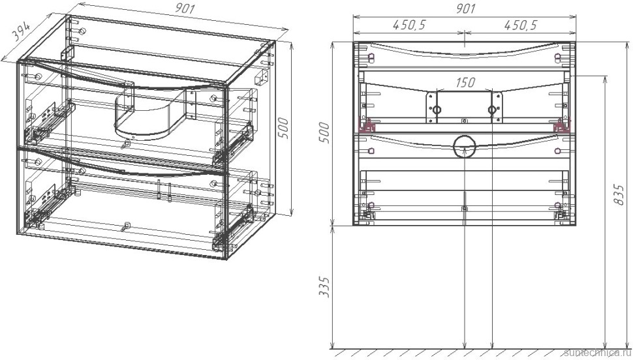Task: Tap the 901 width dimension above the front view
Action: [x=464, y=8]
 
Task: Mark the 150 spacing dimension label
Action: [x=465, y=83]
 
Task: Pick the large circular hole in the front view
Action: [x=464, y=147]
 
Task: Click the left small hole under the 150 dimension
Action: [x=437, y=110]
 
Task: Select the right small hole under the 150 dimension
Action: [x=492, y=110]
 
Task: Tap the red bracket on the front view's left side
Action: [x=369, y=126]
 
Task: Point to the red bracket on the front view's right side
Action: [x=559, y=126]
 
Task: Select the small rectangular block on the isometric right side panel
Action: [x=262, y=76]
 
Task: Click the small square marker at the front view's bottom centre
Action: [x=464, y=208]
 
